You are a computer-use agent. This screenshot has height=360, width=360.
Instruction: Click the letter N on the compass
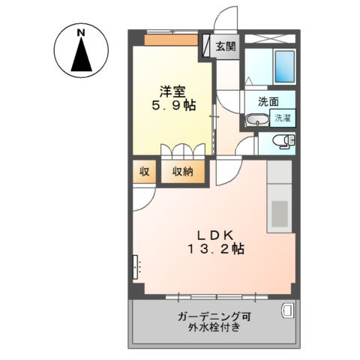[80, 33]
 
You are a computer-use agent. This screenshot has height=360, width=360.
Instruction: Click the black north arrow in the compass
[81, 55]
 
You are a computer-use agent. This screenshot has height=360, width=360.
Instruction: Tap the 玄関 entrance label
[226, 46]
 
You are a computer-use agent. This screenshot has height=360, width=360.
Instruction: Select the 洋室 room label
[172, 91]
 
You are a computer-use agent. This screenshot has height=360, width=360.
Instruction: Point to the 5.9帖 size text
[173, 106]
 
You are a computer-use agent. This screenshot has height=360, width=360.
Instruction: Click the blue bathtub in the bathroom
[284, 66]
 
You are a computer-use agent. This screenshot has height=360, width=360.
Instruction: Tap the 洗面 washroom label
[268, 101]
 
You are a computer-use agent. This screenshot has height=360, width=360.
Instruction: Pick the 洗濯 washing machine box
[283, 118]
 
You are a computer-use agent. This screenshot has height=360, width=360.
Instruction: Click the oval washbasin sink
[257, 120]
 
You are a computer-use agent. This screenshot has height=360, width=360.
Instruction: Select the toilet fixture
[284, 141]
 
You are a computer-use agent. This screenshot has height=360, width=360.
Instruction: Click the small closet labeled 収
[144, 172]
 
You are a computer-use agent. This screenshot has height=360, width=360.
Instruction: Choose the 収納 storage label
[183, 172]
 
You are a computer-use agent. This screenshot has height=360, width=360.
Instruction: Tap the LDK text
[215, 235]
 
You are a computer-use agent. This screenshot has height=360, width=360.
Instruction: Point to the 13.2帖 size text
[215, 249]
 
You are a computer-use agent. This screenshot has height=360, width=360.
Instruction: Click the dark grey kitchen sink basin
[280, 214]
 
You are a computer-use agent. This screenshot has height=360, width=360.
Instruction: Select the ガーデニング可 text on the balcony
[214, 317]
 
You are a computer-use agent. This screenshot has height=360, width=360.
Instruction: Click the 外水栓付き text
[214, 327]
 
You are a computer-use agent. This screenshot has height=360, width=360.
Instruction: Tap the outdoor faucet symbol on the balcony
[287, 310]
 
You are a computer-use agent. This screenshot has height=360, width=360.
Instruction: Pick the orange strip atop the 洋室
[171, 40]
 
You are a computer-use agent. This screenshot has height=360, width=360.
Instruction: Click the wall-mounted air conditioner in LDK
[135, 267]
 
